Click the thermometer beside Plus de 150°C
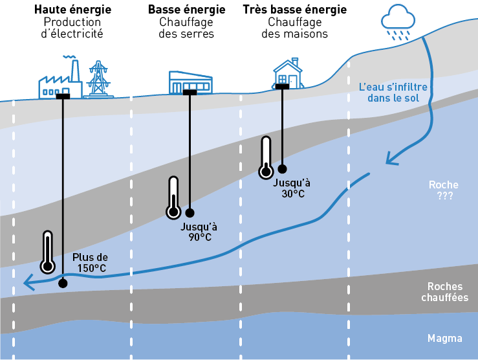47,252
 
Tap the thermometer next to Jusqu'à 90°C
173,197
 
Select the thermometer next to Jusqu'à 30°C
265,157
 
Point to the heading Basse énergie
186,10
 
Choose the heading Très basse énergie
294,10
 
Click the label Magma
445,338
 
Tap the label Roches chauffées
448,292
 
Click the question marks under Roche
444,196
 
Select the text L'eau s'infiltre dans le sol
393,92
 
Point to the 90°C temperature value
201,237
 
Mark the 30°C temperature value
293,193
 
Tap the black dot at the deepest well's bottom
63,283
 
